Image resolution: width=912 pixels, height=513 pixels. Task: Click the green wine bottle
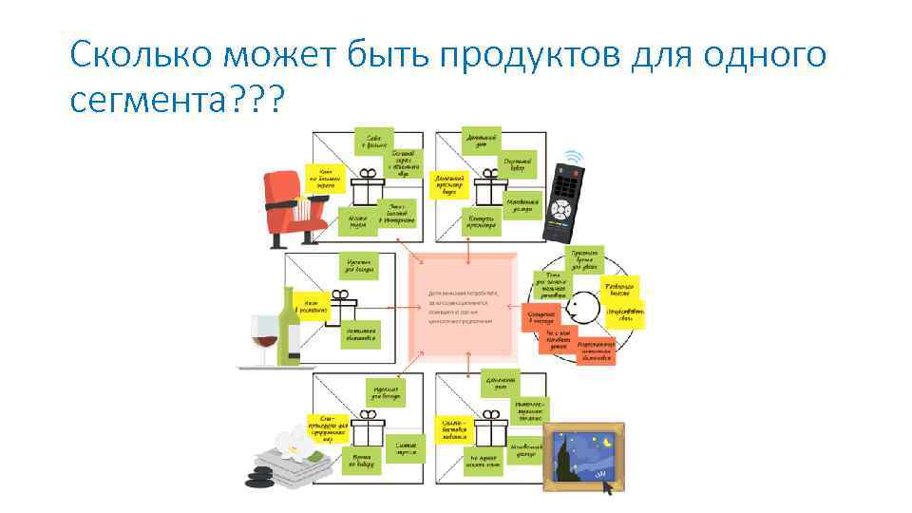[x=289, y=328]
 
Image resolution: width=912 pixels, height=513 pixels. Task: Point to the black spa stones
[x=262, y=474]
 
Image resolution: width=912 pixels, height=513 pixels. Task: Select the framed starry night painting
[x=582, y=457]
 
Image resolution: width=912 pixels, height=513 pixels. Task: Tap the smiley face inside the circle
[x=581, y=308]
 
